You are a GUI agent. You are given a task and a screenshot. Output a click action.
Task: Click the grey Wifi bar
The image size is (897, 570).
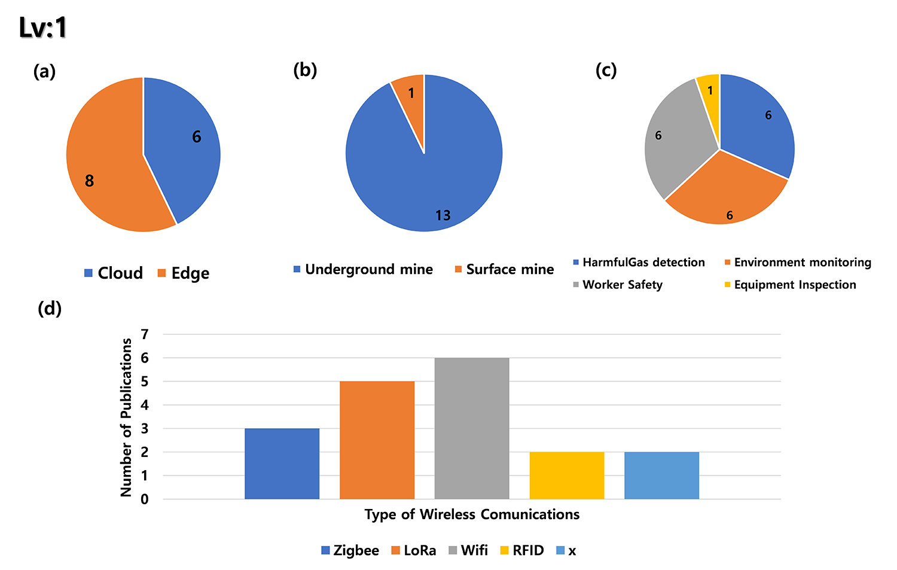pos(472,428)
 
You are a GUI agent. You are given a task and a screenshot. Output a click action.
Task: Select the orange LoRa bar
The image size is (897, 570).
pos(377,440)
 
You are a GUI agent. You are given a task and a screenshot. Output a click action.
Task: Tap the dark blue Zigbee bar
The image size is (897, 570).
pos(282,464)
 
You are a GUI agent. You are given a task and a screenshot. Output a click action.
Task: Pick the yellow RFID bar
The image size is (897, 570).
pos(567,475)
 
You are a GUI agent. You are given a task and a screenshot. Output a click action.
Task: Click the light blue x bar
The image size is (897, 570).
pos(661,475)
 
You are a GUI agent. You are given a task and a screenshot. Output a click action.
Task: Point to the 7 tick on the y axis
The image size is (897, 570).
pos(145,334)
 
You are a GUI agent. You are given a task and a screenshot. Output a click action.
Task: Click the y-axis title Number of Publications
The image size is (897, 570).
pos(126,417)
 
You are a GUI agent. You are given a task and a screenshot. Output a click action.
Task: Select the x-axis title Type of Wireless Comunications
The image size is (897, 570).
pos(472,514)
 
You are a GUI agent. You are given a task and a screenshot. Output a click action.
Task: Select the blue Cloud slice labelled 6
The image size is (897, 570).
pos(185,144)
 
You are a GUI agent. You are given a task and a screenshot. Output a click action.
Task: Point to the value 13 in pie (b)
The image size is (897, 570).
pos(443,215)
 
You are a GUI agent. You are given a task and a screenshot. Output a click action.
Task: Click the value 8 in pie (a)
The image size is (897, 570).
pos(90,181)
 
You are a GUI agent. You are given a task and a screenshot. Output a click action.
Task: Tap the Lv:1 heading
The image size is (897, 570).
pos(43,28)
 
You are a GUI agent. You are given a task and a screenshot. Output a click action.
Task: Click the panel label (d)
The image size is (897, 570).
pos(50,309)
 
